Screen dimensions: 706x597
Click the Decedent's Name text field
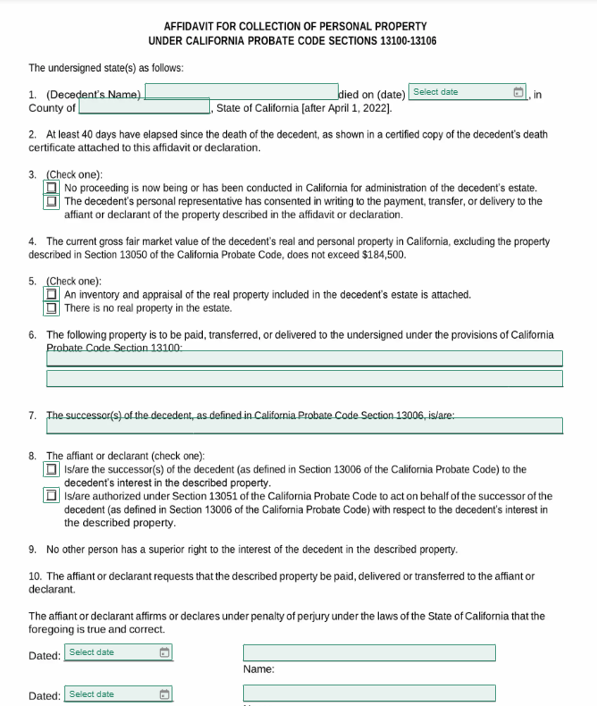[x=240, y=92]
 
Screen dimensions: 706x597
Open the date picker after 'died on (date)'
[x=460, y=92]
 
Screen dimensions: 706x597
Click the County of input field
[x=144, y=107]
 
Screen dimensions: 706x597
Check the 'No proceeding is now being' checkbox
[x=52, y=189]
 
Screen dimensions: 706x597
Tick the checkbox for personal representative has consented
[x=52, y=202]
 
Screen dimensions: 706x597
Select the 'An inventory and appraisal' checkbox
[x=52, y=294]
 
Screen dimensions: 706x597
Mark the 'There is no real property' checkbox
[x=52, y=308]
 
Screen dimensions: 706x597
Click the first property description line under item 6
[x=304, y=358]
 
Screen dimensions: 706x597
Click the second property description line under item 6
[x=304, y=378]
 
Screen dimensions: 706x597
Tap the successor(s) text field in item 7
[x=304, y=425]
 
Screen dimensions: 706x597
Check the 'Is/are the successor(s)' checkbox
[x=52, y=469]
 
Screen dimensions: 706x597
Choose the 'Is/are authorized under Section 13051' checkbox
[x=52, y=496]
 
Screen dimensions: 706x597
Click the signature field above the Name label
[x=368, y=653]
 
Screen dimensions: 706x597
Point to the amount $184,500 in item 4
[x=383, y=255]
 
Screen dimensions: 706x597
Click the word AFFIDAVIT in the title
[x=191, y=27]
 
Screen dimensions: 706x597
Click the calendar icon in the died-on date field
[x=517, y=93]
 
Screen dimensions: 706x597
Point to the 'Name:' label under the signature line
[x=258, y=669]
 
